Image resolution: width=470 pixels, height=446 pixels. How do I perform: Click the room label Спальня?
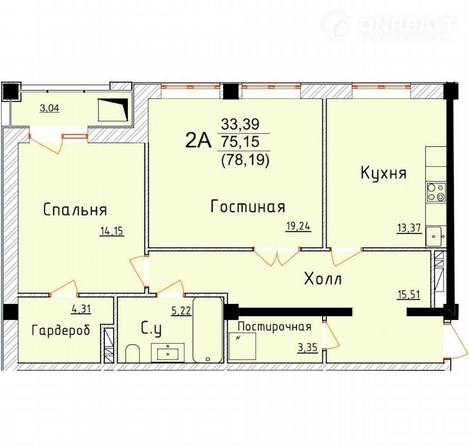(x=75, y=209)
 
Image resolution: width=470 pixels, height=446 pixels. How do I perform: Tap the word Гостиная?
(x=248, y=206)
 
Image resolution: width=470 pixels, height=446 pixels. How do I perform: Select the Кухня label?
(x=383, y=173)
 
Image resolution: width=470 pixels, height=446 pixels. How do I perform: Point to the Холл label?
(x=323, y=279)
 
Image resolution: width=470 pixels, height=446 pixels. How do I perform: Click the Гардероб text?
(x=61, y=330)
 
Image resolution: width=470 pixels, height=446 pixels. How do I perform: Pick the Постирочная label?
(x=275, y=326)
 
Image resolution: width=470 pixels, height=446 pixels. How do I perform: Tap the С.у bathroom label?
(x=151, y=329)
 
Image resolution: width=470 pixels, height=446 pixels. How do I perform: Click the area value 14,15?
(x=112, y=231)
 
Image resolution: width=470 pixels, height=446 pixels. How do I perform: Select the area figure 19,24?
(x=298, y=226)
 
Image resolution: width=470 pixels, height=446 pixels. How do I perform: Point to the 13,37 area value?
(x=409, y=228)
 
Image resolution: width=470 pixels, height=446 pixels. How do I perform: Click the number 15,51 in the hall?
(x=408, y=295)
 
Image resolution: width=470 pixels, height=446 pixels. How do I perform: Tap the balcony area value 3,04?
(x=49, y=108)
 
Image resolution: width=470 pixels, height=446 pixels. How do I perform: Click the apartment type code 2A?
(x=198, y=140)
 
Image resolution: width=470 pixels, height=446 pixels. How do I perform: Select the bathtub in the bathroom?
(x=208, y=330)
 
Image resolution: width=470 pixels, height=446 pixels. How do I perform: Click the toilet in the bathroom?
(x=132, y=353)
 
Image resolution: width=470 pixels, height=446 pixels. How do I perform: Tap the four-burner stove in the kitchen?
(x=436, y=192)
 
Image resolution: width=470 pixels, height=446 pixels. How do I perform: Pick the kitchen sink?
(x=434, y=236)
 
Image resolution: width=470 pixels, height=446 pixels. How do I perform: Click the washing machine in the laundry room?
(x=242, y=346)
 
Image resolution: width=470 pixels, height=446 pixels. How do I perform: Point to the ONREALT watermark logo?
(x=390, y=28)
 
